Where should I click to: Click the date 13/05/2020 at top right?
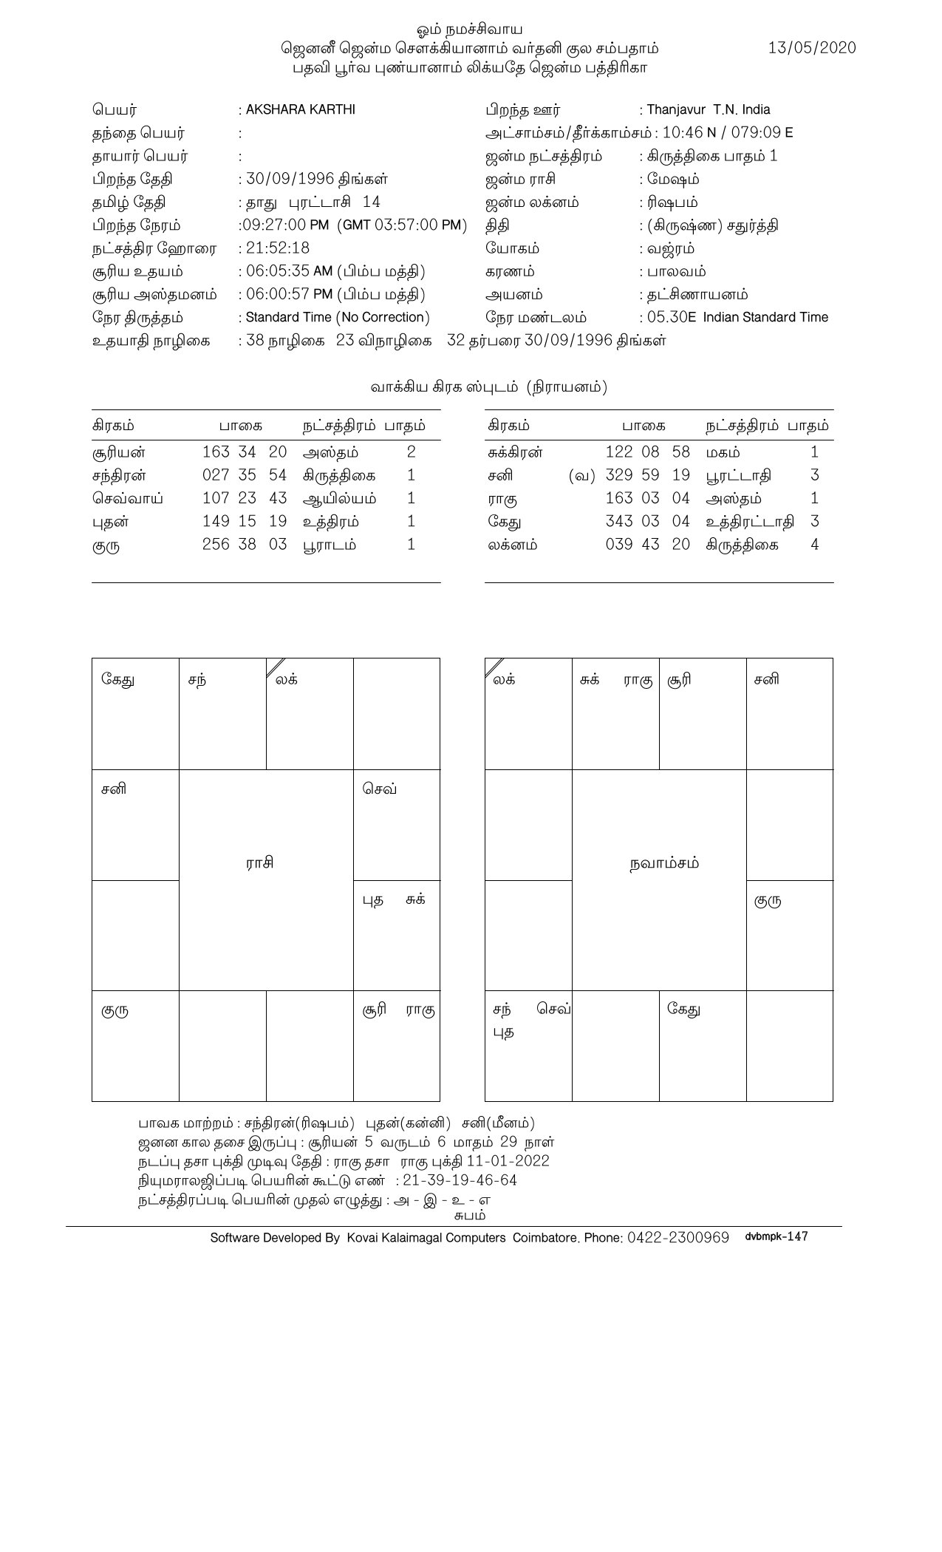[x=812, y=48]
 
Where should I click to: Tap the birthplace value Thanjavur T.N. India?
[x=708, y=109]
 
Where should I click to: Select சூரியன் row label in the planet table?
[x=119, y=452]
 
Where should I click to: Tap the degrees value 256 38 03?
[x=245, y=545]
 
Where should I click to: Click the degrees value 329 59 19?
[x=647, y=475]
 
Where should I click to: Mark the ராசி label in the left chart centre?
[x=260, y=863]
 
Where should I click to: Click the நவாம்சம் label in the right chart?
[x=664, y=863]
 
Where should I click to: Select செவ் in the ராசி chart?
[x=380, y=789]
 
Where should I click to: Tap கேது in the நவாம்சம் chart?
[x=683, y=1009]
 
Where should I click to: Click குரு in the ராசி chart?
[x=115, y=1010]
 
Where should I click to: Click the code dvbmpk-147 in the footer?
[x=777, y=1236]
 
